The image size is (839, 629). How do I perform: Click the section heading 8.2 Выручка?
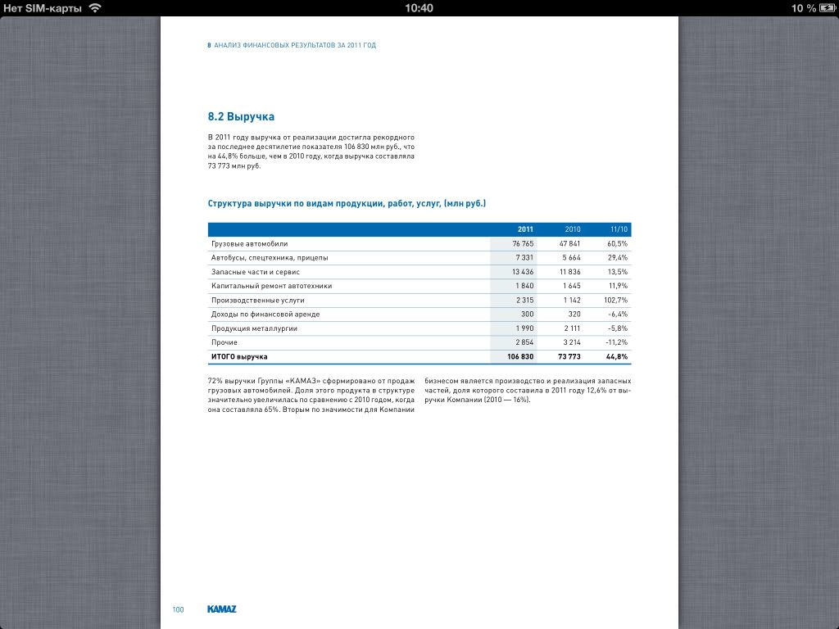click(241, 117)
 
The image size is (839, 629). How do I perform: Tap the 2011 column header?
click(525, 229)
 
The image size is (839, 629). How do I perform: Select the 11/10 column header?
click(619, 229)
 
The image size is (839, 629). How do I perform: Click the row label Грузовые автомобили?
click(249, 244)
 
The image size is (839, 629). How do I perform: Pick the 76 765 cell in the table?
click(523, 244)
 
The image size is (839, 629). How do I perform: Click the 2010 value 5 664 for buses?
click(571, 258)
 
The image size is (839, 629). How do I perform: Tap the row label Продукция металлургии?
click(254, 328)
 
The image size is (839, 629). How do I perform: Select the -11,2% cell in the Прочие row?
click(617, 342)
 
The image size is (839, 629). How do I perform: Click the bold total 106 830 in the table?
click(520, 357)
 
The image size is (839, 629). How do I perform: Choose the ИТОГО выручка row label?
click(239, 357)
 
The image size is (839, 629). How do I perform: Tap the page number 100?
click(178, 609)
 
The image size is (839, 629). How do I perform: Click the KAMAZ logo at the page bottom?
click(222, 609)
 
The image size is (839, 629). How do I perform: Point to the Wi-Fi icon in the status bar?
click(95, 8)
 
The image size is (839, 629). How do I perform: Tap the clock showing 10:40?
click(419, 8)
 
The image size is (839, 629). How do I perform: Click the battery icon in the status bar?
click(827, 8)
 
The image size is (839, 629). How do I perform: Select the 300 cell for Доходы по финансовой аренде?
click(527, 314)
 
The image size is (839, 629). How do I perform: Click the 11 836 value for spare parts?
click(569, 272)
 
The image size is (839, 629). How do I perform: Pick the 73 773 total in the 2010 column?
click(569, 357)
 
